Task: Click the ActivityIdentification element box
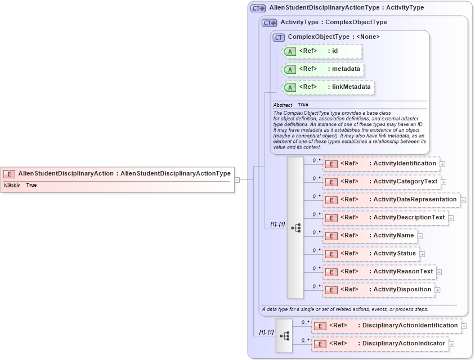pyautogui.click(x=381, y=164)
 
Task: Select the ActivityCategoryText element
pyautogui.click(x=381, y=182)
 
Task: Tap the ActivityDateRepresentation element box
pyautogui.click(x=391, y=200)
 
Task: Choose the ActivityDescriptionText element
pyautogui.click(x=385, y=218)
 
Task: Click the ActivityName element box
pyautogui.click(x=369, y=236)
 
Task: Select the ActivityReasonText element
pyautogui.click(x=379, y=272)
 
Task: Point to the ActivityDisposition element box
pyautogui.click(x=378, y=290)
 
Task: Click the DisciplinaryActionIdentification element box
pyautogui.click(x=386, y=326)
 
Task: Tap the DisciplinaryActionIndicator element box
pyautogui.click(x=380, y=344)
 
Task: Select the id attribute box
pyautogui.click(x=322, y=51)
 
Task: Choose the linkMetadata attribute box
pyautogui.click(x=328, y=87)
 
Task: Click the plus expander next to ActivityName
pyautogui.click(x=420, y=236)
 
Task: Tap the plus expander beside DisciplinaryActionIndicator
pyautogui.click(x=451, y=344)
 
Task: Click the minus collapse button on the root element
pyautogui.click(x=237, y=180)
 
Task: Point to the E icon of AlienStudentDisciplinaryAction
pyautogui.click(x=9, y=174)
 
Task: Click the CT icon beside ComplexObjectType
pyautogui.click(x=279, y=37)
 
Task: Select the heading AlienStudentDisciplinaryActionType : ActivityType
pyautogui.click(x=346, y=8)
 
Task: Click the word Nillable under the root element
pyautogui.click(x=12, y=186)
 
